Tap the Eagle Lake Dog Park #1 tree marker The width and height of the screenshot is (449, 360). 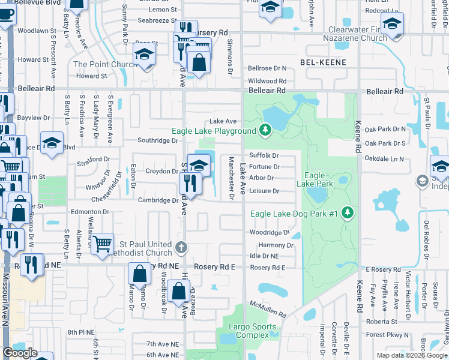pyautogui.click(x=347, y=212)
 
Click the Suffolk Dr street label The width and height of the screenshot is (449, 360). pyautogui.click(x=264, y=155)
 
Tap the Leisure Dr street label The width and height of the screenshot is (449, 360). pyautogui.click(x=264, y=191)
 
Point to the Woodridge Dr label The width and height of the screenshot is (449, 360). pyautogui.click(x=269, y=233)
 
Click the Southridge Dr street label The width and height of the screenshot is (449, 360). pyautogui.click(x=158, y=141)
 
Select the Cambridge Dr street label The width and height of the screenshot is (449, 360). pyautogui.click(x=158, y=200)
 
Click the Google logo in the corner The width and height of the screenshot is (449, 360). pyautogui.click(x=20, y=353)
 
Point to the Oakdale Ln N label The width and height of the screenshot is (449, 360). pyautogui.click(x=384, y=158)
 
